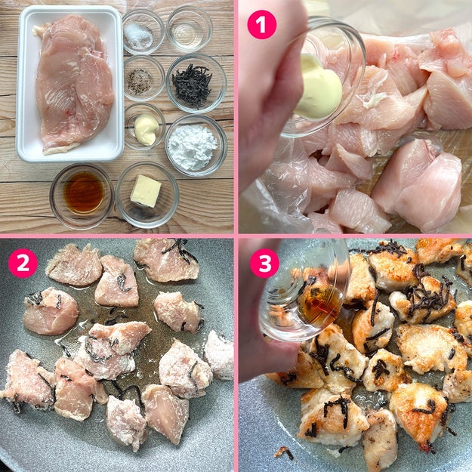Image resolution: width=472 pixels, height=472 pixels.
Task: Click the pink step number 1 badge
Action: click(261, 25)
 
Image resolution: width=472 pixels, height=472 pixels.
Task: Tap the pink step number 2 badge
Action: click(23, 263)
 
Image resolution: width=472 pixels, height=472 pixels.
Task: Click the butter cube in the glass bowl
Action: click(146, 191)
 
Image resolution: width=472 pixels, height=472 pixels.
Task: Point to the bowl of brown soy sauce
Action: click(82, 196)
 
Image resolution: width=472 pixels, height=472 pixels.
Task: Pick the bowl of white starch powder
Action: click(196, 146)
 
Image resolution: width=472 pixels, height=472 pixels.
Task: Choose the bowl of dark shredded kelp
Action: click(196, 83)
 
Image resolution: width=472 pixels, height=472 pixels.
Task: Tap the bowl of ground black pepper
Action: click(144, 79)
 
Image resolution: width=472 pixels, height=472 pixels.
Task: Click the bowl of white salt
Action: click(143, 32)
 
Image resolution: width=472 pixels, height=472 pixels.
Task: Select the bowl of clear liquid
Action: click(190, 29)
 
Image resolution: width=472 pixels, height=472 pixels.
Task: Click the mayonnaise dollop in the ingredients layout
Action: click(147, 129)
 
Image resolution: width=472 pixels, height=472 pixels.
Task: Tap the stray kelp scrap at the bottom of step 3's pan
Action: click(285, 452)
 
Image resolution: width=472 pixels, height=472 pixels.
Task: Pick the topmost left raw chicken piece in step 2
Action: click(74, 264)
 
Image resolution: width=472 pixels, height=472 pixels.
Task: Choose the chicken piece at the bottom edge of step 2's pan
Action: click(126, 423)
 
